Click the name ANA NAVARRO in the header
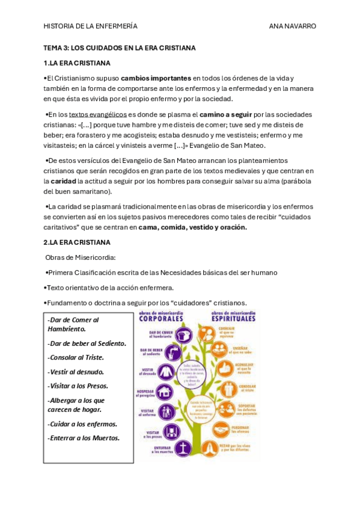coord(292,26)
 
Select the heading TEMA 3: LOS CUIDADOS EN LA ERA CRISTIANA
coord(120,48)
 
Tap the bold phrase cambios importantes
coord(156,78)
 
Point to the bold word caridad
coord(63,180)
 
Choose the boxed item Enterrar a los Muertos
coord(84,438)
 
